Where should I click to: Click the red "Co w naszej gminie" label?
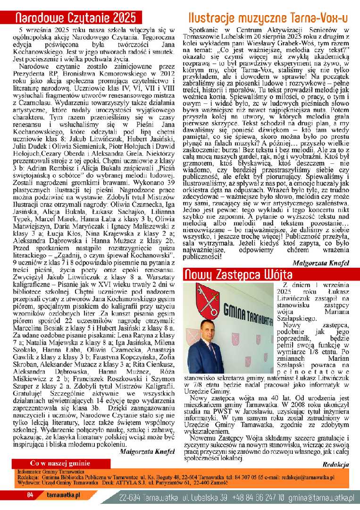(x=60, y=463)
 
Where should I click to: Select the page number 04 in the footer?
(x=30, y=495)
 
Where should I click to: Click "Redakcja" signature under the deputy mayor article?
(x=335, y=465)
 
